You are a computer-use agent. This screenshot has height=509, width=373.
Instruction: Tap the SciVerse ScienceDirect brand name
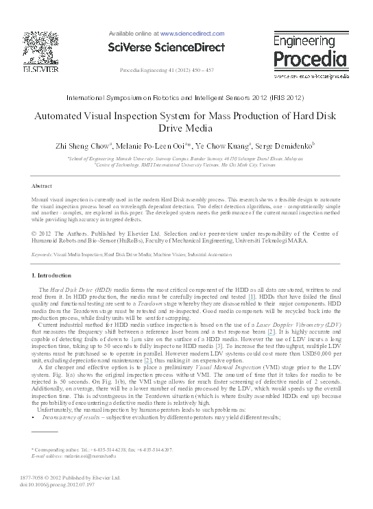click(x=167, y=47)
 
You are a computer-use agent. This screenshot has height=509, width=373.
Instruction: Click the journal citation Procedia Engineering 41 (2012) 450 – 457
click(x=167, y=71)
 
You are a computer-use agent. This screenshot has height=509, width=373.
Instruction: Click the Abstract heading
click(x=43, y=186)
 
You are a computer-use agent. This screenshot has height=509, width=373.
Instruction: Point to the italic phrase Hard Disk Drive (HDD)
click(x=75, y=292)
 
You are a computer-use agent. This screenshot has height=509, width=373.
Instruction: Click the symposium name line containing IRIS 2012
click(x=186, y=99)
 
